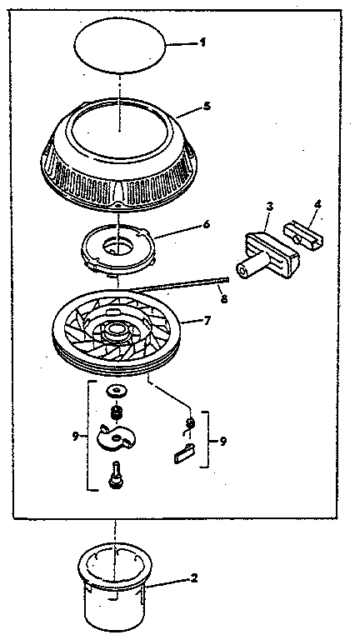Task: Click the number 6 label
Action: click(x=206, y=225)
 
